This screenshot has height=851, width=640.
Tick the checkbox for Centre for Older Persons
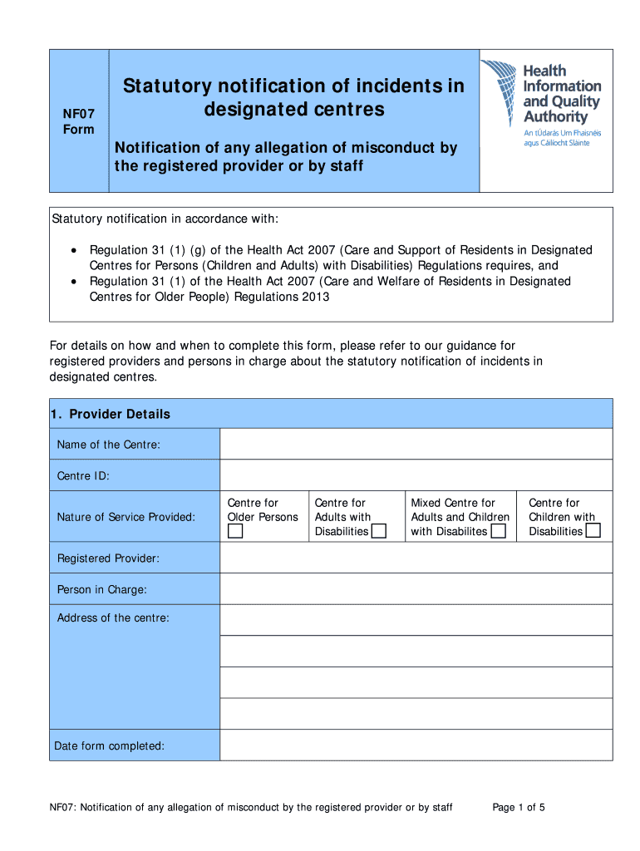coord(236,532)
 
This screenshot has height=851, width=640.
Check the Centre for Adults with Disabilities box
coord(379,532)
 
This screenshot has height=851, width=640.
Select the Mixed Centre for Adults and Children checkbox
coord(498,532)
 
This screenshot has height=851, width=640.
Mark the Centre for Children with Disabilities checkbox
coord(593,532)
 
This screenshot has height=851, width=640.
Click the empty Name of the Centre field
coord(416,444)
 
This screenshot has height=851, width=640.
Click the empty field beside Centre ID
coord(416,475)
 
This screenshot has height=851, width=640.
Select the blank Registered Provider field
coord(416,558)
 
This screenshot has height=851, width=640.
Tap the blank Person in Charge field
coord(416,588)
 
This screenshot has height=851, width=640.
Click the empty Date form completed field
coord(416,745)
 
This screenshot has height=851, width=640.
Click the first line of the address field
coord(416,620)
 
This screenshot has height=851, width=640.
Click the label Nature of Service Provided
coord(126,517)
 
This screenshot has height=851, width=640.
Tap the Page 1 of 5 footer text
coord(519,807)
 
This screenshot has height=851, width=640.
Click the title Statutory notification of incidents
coord(293,86)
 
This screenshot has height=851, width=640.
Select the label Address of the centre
coord(113,617)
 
